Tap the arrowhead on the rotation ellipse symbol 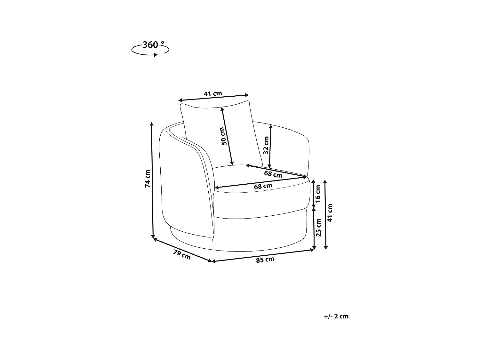click(156, 55)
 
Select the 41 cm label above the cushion click(213, 93)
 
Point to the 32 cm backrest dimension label click(266, 145)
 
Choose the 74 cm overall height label click(148, 179)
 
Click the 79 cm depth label click(182, 255)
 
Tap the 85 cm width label click(265, 260)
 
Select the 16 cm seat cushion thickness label click(318, 194)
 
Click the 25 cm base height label click(319, 228)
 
